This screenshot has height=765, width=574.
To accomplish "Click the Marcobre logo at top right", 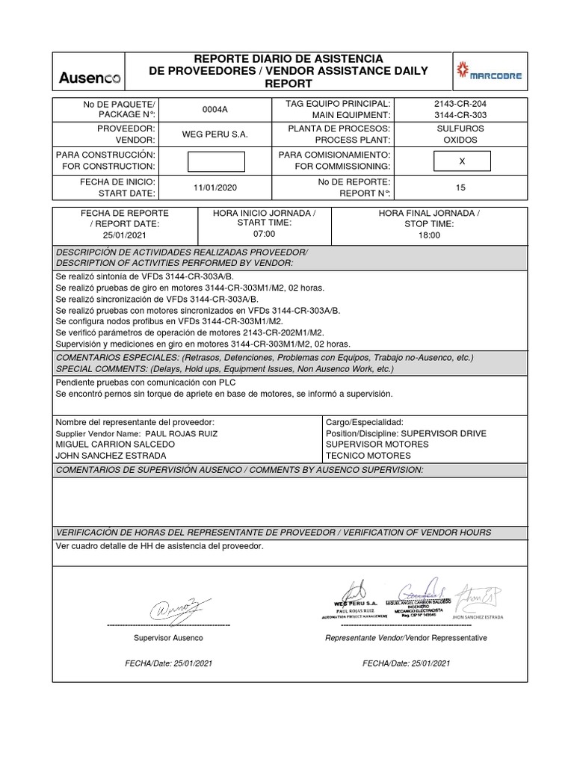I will [x=490, y=75].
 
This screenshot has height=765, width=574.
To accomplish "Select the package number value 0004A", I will [x=215, y=109].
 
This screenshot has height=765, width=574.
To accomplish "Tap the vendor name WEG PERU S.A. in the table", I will [x=215, y=134].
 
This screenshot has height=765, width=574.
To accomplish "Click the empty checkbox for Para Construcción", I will [x=215, y=161].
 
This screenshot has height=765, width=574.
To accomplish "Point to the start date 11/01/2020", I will [x=215, y=188].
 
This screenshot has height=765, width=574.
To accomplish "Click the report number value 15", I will [x=460, y=188].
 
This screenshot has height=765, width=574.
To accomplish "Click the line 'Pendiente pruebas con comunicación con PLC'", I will [x=140, y=382].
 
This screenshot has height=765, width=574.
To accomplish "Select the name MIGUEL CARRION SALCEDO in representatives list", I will [x=109, y=445].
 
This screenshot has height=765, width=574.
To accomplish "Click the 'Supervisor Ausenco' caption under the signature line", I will [x=167, y=638].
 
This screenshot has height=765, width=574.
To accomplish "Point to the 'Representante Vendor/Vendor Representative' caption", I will [x=405, y=638].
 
